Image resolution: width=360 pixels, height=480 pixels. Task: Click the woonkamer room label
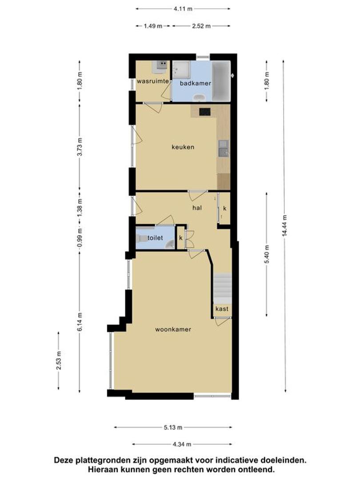click(x=173, y=329)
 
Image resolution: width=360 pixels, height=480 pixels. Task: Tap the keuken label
click(x=183, y=147)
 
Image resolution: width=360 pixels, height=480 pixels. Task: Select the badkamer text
click(x=195, y=83)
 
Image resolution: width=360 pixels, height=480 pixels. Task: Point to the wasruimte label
click(x=153, y=81)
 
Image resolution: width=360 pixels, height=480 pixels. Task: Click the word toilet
click(x=155, y=237)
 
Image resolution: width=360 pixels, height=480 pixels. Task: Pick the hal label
click(x=197, y=208)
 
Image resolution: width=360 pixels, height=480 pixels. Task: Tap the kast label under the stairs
click(x=222, y=308)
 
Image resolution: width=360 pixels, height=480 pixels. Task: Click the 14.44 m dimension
click(x=285, y=226)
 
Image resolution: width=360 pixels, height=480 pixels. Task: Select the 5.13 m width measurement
click(x=173, y=428)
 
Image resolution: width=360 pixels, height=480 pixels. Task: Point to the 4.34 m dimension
click(x=182, y=444)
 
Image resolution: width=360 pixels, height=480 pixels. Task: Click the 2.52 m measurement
click(x=201, y=26)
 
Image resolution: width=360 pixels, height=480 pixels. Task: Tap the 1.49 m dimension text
click(x=153, y=26)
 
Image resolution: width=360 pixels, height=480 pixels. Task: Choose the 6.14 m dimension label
click(x=80, y=321)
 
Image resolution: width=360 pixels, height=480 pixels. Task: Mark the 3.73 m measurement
click(x=80, y=147)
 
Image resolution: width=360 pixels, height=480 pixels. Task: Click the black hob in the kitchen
click(x=205, y=112)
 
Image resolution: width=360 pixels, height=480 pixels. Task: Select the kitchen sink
click(x=224, y=149)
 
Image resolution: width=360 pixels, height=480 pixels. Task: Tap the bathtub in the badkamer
click(x=221, y=81)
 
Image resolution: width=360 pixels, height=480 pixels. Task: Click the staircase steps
click(x=222, y=288)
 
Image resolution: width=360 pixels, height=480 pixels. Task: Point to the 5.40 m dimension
click(x=267, y=254)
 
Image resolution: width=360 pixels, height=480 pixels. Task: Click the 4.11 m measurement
click(x=183, y=9)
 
